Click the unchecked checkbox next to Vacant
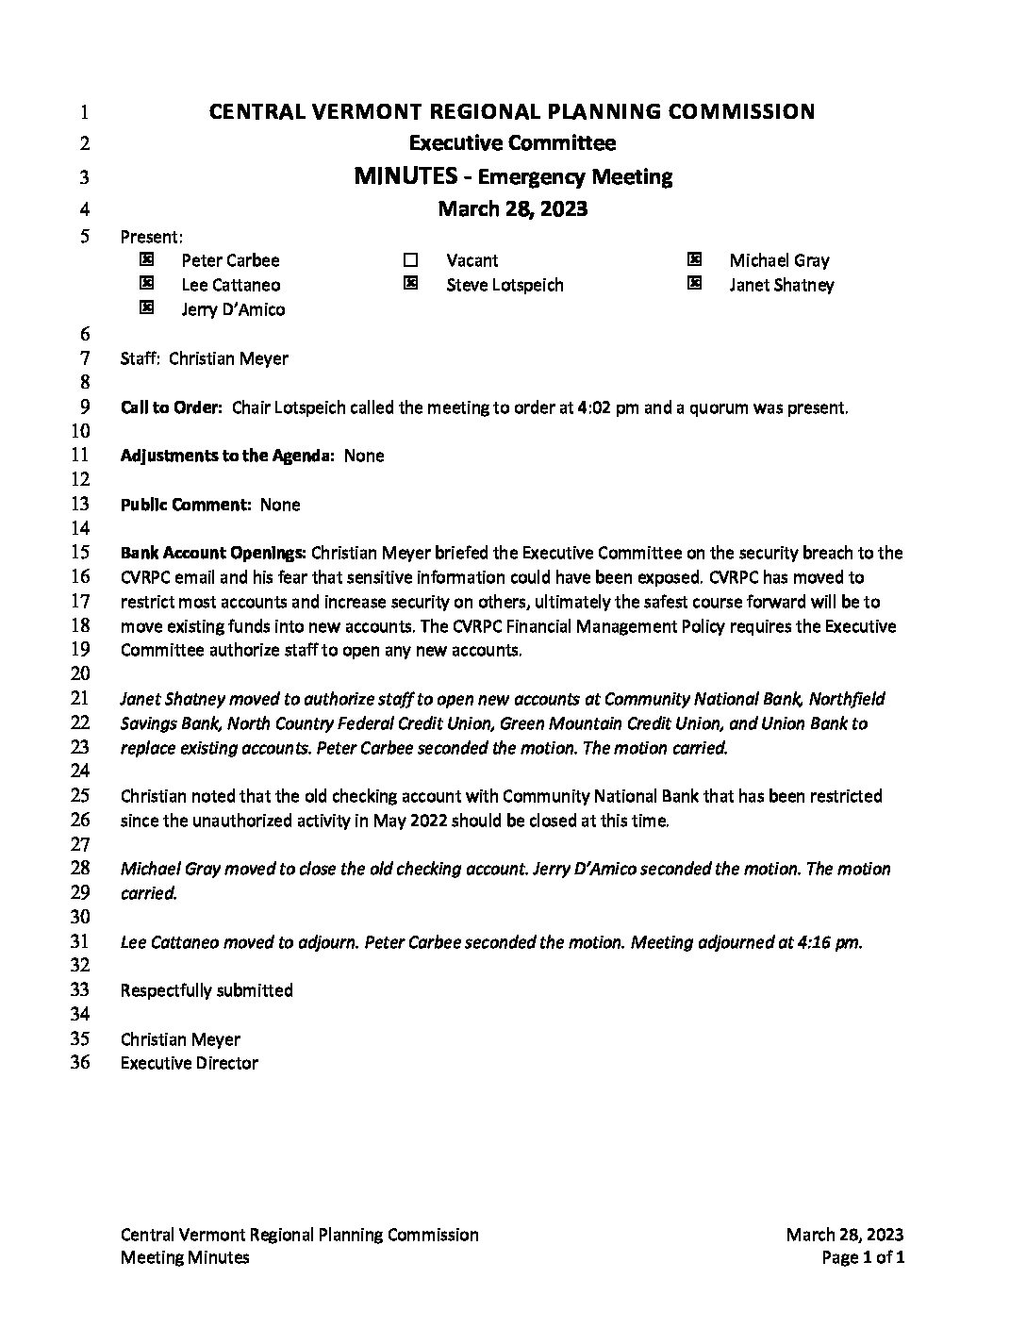(410, 259)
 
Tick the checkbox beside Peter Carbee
(146, 258)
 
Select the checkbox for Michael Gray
(694, 258)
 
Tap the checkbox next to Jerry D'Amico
(146, 307)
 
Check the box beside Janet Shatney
(694, 283)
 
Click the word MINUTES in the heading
(405, 175)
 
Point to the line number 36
(81, 1063)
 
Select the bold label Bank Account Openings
(213, 553)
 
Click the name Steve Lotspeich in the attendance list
(505, 285)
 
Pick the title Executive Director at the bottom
(189, 1063)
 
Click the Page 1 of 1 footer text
(863, 1257)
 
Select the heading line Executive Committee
(512, 143)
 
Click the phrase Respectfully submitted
(207, 990)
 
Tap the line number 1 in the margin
(84, 112)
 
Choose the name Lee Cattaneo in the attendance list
(231, 285)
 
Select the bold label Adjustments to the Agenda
(227, 456)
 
